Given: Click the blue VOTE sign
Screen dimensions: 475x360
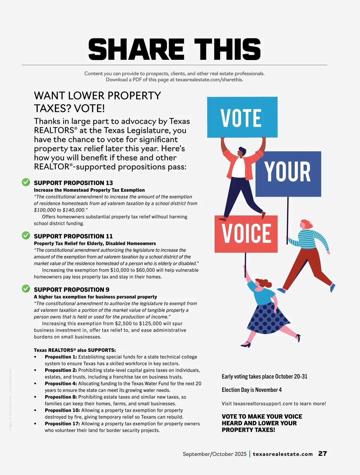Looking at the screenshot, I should pyautogui.click(x=242, y=117).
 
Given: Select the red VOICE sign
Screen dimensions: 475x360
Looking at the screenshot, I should pyautogui.click(x=246, y=234).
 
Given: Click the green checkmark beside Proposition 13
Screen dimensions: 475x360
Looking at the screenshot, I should pyautogui.click(x=26, y=182).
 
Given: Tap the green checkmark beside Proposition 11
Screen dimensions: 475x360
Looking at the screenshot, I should pyautogui.click(x=26, y=236).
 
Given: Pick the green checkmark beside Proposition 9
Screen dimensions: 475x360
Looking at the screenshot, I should pyautogui.click(x=26, y=289).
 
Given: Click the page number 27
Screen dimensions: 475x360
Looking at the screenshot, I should pyautogui.click(x=322, y=454).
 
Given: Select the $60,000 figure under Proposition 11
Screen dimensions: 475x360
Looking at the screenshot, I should pyautogui.click(x=145, y=270).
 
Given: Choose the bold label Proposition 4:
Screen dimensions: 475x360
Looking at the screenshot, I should pyautogui.click(x=61, y=384).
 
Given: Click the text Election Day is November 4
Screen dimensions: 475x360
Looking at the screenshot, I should pyautogui.click(x=252, y=390).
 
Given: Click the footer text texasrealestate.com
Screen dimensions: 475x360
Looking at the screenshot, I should pyautogui.click(x=283, y=454).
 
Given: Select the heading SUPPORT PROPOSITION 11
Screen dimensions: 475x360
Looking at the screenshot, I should pyautogui.click(x=73, y=236).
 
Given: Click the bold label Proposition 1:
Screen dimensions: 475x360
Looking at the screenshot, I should pyautogui.click(x=61, y=357).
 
